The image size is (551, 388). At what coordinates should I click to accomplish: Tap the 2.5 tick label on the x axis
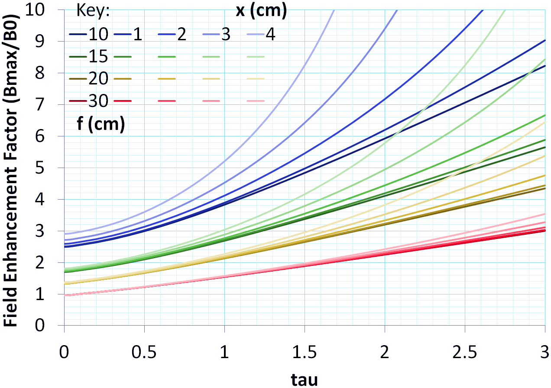coord(464,350)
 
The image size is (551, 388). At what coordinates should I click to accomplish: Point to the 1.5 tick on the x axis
coord(304,350)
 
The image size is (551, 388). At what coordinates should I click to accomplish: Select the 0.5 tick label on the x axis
coord(144,350)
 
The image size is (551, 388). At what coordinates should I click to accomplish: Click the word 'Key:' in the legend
coord(93,12)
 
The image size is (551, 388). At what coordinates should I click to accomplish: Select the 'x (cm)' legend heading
coord(261,12)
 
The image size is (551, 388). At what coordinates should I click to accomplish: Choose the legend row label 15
coord(98,57)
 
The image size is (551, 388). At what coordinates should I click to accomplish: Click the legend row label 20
coord(98,79)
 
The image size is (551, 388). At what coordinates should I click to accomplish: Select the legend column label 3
coord(225,35)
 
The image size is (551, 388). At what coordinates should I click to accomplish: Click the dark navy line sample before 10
coord(78,35)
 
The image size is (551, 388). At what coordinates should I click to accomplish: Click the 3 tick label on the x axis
coord(545,350)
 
